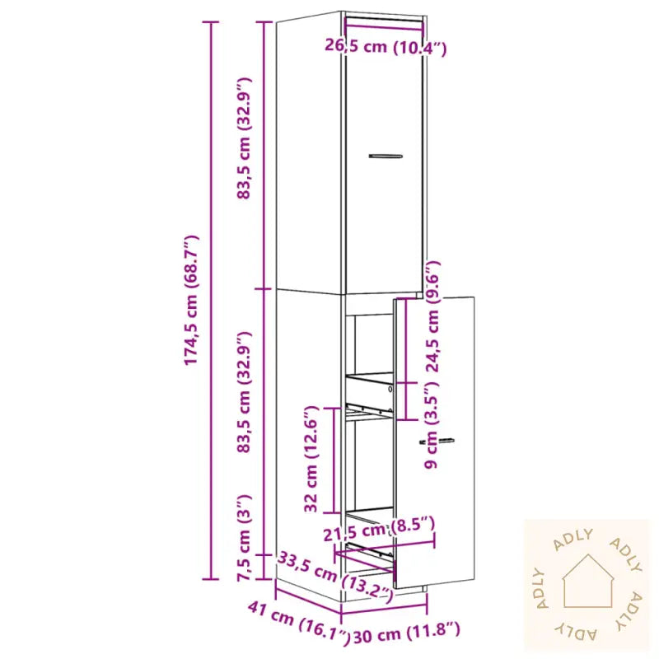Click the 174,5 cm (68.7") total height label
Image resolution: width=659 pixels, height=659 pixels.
click(191, 301)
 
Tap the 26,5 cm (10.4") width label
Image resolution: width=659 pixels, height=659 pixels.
click(386, 48)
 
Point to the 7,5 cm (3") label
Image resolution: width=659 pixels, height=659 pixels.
click(243, 538)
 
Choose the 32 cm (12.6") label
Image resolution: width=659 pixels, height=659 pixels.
click(311, 459)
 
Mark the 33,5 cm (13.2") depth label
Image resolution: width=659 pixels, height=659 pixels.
click(333, 573)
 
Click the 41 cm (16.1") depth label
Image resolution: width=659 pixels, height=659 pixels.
click(293, 620)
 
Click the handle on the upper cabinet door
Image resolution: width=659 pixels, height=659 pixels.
click(384, 155)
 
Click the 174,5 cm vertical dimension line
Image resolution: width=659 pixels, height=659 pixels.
click(213, 301)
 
